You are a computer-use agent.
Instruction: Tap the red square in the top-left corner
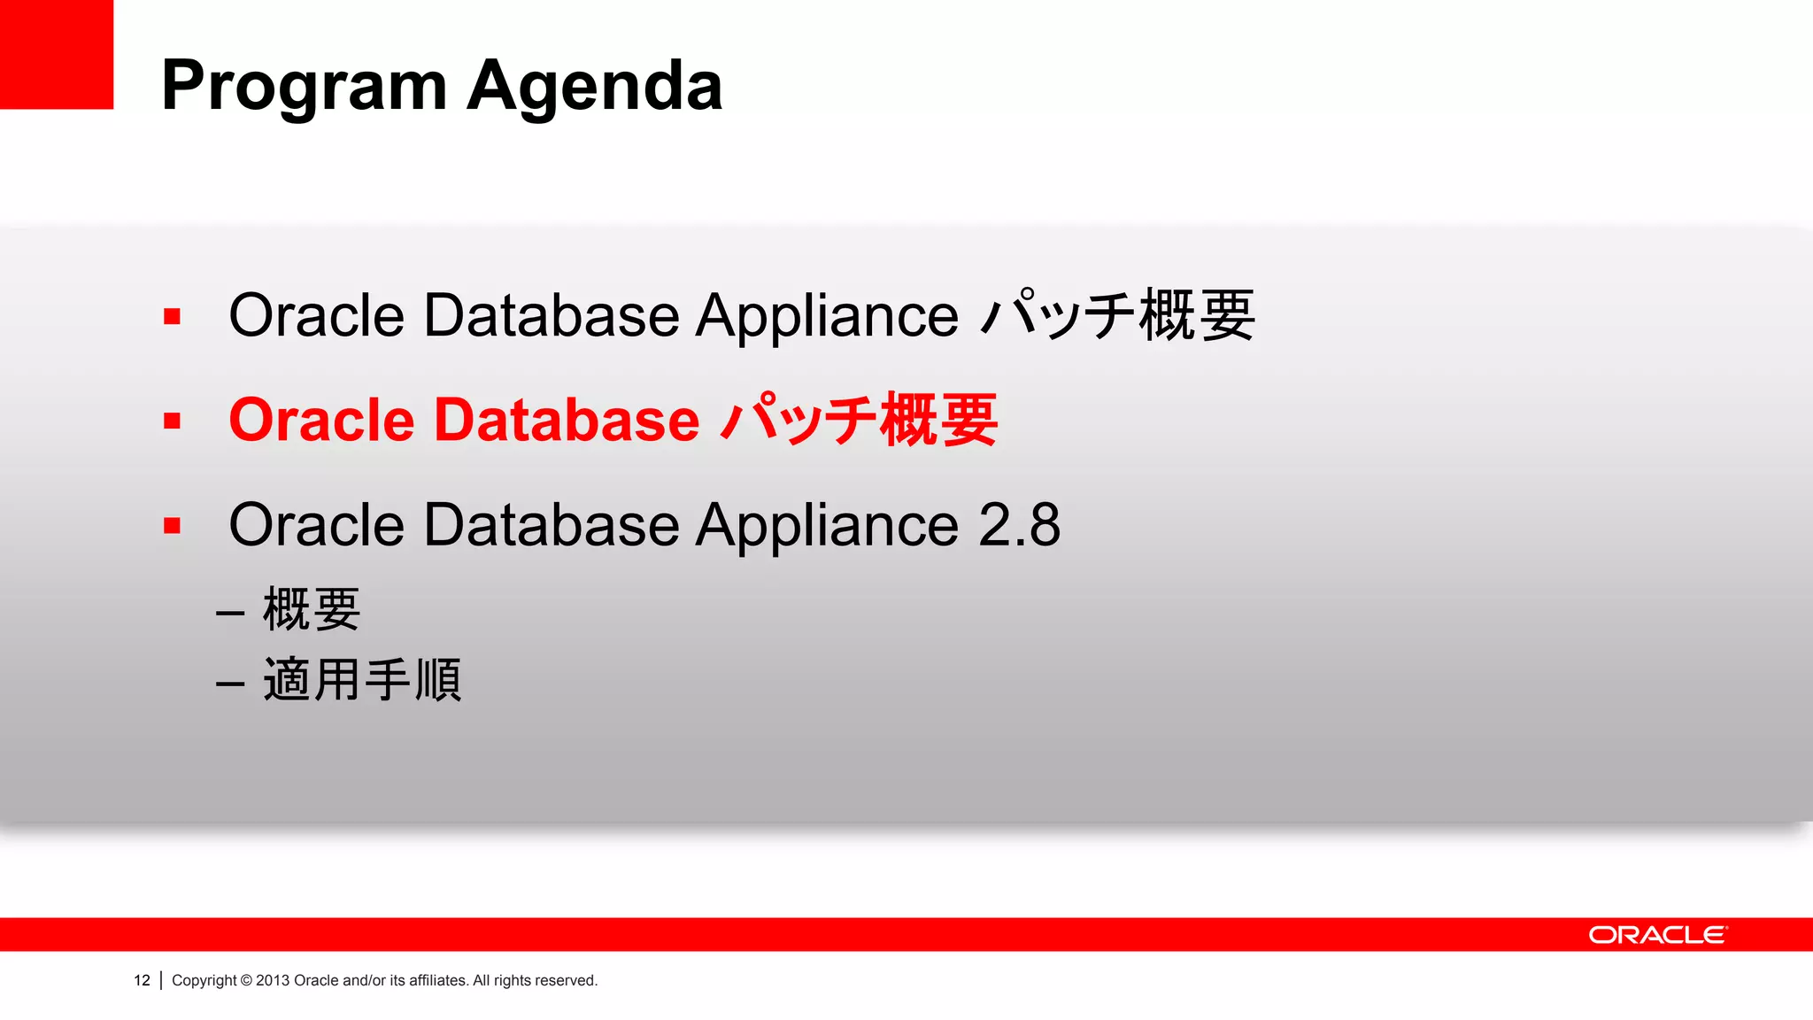pos(56,54)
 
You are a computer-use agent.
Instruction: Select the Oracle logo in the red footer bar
pos(1657,935)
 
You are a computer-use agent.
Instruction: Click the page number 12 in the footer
pos(142,980)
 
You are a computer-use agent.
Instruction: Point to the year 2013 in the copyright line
pos(273,980)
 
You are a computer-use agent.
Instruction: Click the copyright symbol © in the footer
pos(246,980)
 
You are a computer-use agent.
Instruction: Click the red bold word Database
pos(567,420)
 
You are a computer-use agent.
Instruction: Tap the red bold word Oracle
pos(321,420)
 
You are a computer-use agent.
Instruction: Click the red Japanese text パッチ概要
pos(859,420)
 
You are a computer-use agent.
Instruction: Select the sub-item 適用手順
pos(362,680)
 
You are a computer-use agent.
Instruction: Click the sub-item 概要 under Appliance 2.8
pos(312,610)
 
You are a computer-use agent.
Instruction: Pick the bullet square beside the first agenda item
pos(172,316)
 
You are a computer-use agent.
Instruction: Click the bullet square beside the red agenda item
pos(172,421)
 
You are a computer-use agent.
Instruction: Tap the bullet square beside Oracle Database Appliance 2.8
pos(172,526)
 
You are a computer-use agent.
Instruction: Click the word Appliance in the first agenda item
pos(826,316)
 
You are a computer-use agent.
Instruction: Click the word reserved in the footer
pos(566,980)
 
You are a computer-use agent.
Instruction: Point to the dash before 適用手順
pos(230,684)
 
